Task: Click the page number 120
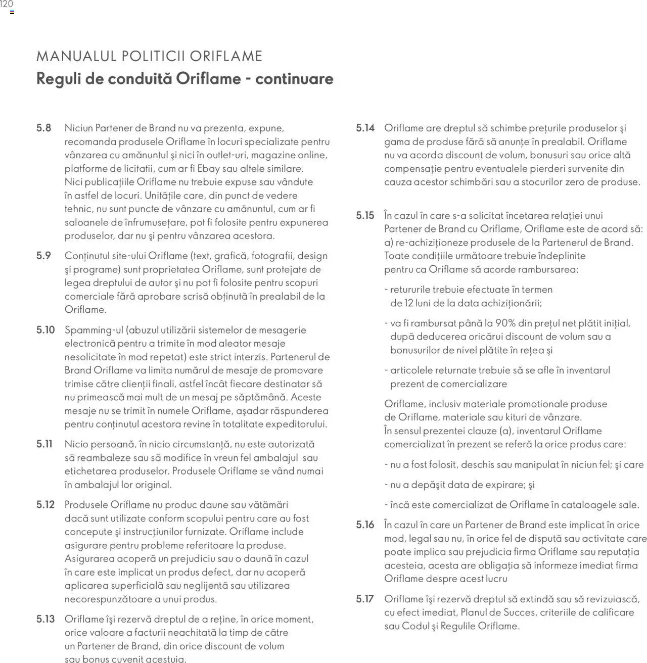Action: [7, 5]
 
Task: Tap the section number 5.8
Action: [44, 128]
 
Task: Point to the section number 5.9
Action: [44, 256]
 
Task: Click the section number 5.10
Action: [45, 330]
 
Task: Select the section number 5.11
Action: [44, 444]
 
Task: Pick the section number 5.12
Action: [45, 504]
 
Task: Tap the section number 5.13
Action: [45, 619]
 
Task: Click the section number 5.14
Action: [365, 128]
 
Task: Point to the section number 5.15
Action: [365, 215]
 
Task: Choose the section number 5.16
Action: [365, 525]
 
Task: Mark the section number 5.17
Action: [365, 599]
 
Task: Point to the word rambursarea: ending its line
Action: [546, 269]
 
